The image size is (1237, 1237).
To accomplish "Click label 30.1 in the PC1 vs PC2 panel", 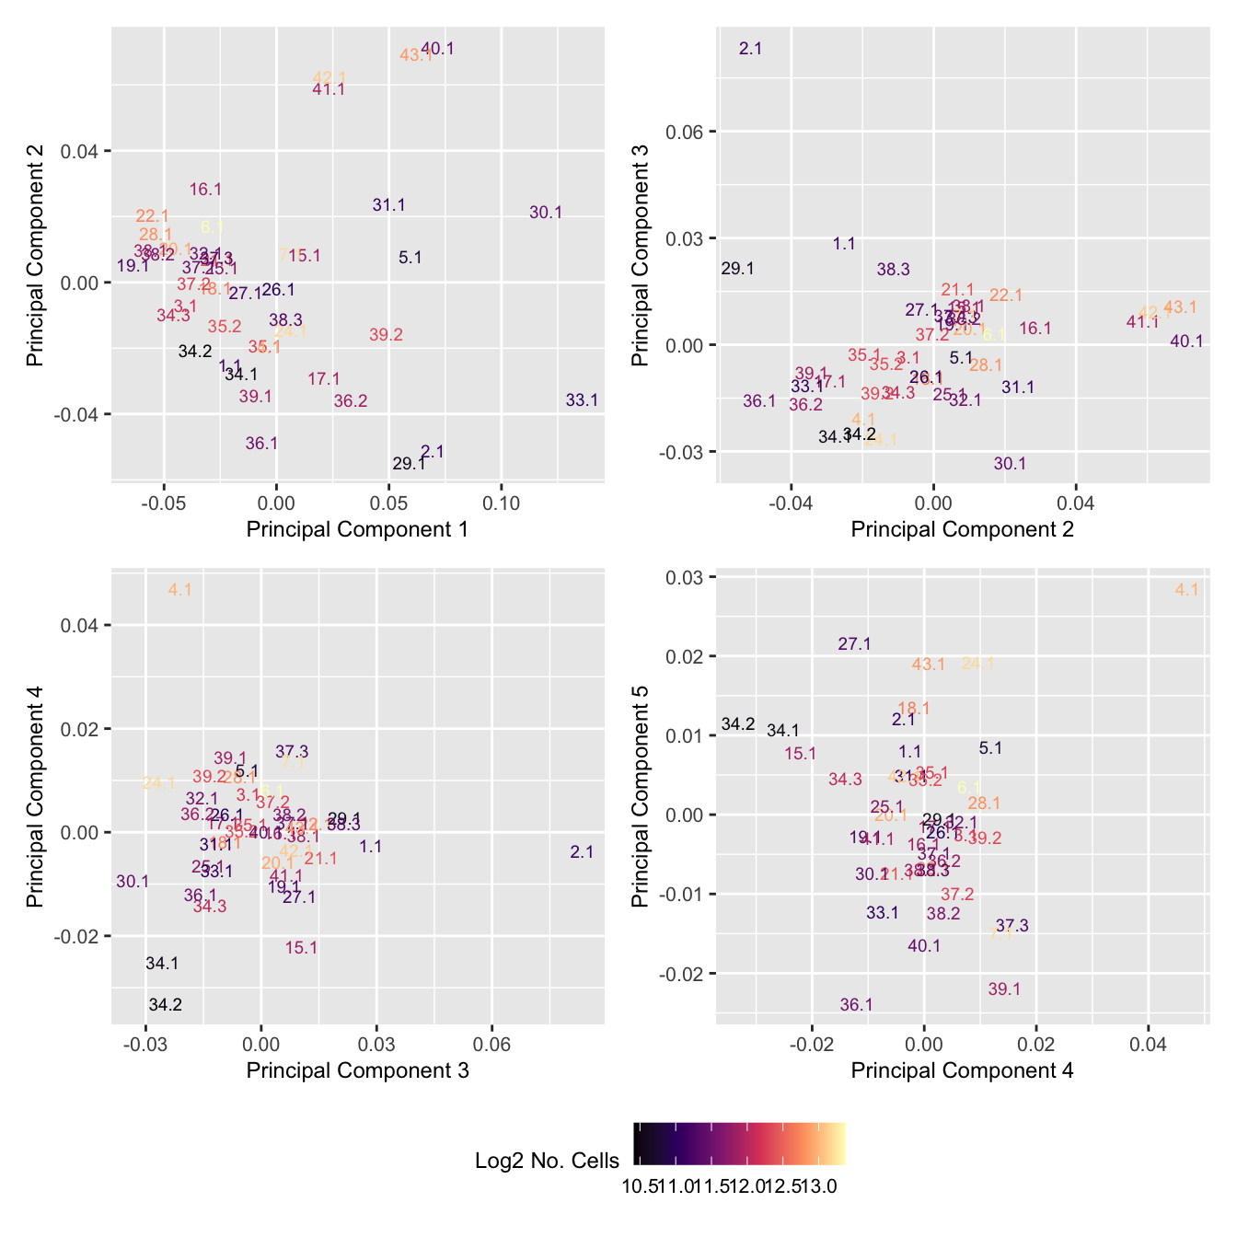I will [546, 213].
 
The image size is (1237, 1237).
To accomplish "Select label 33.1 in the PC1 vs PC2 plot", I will [582, 400].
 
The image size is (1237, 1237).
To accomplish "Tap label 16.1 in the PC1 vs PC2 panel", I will [205, 190].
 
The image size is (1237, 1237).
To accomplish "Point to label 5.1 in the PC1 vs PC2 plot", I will [410, 258].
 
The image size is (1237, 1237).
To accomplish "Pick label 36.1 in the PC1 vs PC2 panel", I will [261, 444].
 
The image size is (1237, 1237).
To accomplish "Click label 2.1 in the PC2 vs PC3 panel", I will [750, 49].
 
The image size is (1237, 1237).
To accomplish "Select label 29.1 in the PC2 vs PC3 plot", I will [738, 269].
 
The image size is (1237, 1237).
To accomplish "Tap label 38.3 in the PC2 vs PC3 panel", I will [893, 270].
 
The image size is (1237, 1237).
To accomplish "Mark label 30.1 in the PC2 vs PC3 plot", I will [1010, 464].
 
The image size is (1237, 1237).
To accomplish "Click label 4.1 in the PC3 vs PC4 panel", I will [180, 590].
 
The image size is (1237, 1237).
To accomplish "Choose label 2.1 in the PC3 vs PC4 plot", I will [582, 852].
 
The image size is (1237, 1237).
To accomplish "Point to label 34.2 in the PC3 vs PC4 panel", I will [166, 1005].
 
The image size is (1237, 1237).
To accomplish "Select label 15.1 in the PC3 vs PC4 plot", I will [301, 948].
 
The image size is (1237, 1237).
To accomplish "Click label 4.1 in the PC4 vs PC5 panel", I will [1187, 590].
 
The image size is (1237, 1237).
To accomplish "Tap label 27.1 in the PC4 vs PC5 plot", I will [854, 644].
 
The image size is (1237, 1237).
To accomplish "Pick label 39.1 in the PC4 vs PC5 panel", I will [1004, 989].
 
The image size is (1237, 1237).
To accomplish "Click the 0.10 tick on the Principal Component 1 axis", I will [501, 504].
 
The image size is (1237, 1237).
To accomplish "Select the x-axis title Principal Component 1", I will [357, 529].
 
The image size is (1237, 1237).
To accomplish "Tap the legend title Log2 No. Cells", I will [547, 1161].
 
